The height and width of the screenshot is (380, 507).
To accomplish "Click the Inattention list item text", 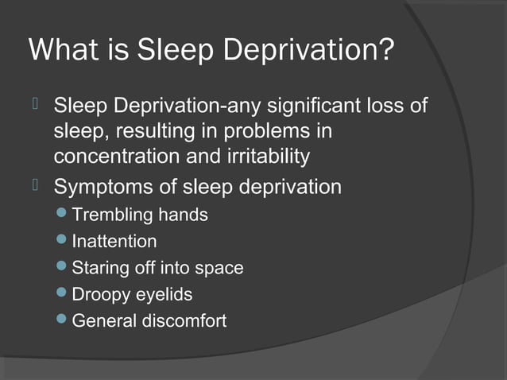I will point(114,242).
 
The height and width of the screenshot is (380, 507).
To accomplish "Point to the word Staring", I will point(98,268).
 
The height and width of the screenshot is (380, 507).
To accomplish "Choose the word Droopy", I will point(99,295).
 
